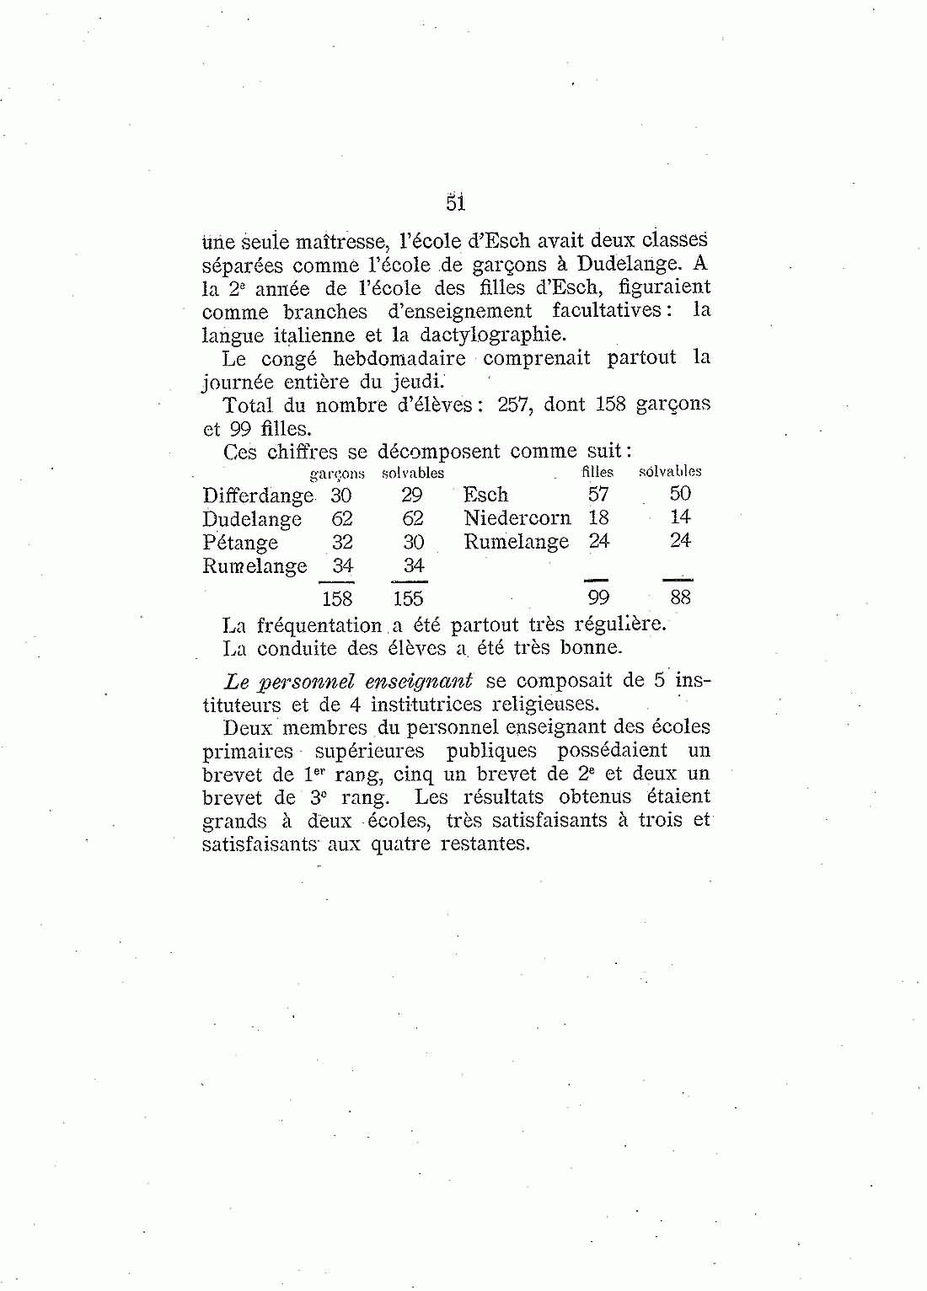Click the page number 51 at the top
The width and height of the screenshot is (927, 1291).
point(455,203)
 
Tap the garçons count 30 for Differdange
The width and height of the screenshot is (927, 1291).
point(341,496)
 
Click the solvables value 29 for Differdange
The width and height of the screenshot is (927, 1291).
point(411,496)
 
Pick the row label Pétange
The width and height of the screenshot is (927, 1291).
point(240,543)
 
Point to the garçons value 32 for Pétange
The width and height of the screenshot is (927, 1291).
point(342,542)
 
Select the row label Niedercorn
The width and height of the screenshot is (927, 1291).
point(517,518)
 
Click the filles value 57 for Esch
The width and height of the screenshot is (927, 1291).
point(598,495)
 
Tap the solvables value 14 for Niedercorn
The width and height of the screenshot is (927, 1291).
point(680,517)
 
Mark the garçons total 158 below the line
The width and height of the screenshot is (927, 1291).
point(337,599)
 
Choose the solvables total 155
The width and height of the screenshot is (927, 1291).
point(408,599)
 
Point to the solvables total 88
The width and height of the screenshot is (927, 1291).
point(680,598)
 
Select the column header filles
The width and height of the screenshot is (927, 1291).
point(597,473)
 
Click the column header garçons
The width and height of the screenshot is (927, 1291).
point(337,474)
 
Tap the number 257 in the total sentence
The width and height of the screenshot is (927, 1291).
point(513,404)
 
